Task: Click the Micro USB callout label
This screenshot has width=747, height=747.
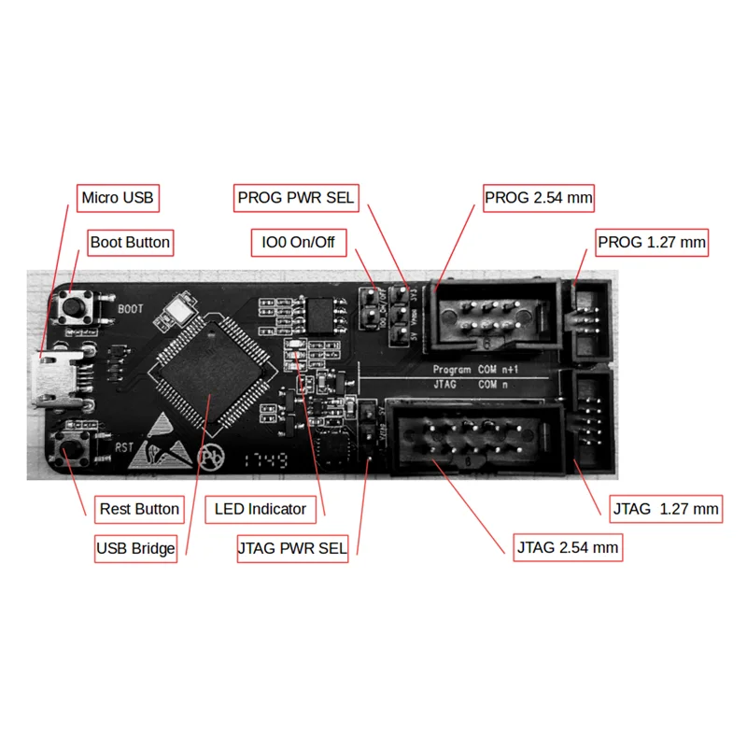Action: point(118,198)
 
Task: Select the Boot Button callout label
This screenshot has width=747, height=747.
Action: point(130,243)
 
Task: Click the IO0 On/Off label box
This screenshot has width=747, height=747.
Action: point(299,244)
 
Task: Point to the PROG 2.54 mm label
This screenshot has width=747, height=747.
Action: point(539,198)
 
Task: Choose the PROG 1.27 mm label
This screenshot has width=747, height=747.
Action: point(652,243)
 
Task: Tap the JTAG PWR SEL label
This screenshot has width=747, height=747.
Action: point(292,548)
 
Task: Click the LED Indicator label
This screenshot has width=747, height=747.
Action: point(261,509)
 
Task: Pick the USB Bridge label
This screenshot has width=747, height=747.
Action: point(135,548)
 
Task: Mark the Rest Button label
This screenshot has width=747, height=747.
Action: point(139,509)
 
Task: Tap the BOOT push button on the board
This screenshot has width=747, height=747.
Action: point(75,305)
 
